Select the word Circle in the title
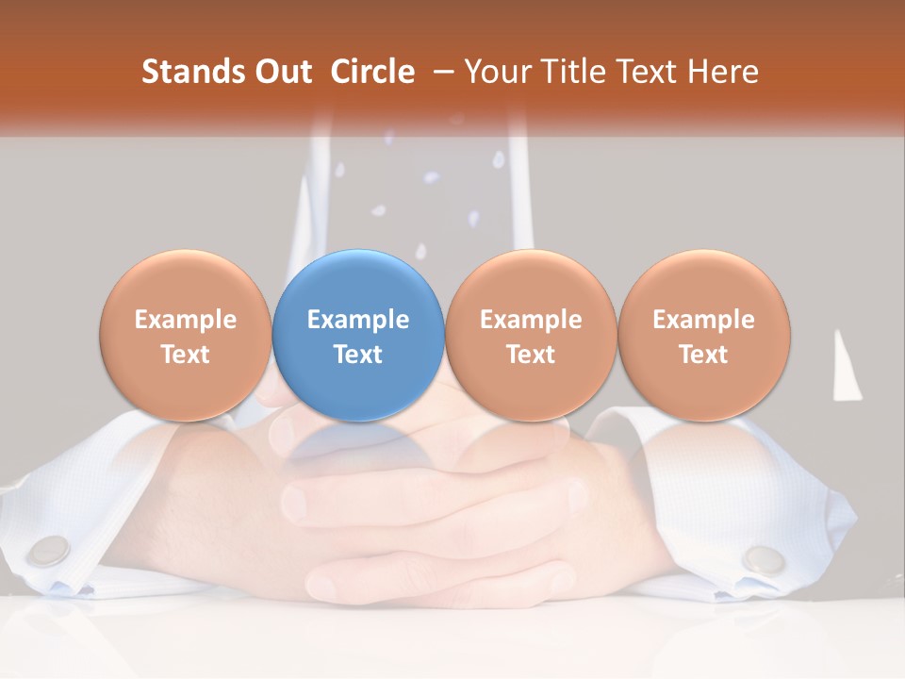tap(372, 72)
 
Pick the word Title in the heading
tap(568, 72)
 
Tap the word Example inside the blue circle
tap(358, 320)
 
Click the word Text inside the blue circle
tap(358, 355)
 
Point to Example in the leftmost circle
tap(186, 320)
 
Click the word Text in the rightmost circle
tap(704, 355)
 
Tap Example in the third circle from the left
tap(531, 320)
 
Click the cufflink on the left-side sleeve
tap(50, 550)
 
